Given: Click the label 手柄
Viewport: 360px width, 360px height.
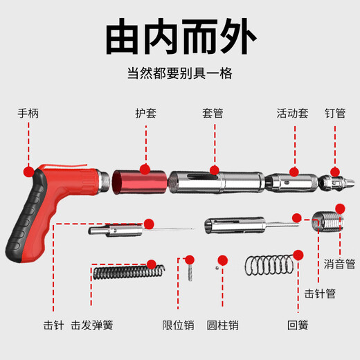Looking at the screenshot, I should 28,111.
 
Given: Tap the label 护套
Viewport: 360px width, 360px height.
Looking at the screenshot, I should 145,111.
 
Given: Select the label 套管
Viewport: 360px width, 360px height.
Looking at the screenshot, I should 213,111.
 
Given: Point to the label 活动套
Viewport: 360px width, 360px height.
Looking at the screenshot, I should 292,111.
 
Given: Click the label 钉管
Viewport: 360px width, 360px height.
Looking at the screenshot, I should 335,111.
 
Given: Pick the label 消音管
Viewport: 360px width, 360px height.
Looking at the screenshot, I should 340,264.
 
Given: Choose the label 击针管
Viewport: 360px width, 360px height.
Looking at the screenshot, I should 320,293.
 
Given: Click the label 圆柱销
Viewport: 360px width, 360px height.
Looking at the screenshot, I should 223,324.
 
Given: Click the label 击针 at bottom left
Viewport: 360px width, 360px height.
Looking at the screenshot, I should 53,324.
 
